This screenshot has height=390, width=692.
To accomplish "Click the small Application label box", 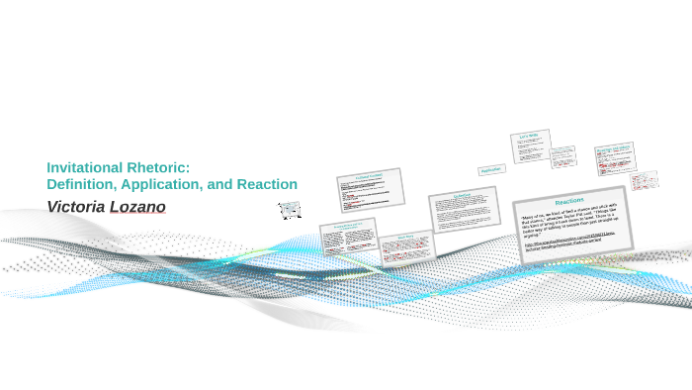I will tap(491, 170).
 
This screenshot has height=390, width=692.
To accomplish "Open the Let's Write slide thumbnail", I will tap(529, 145).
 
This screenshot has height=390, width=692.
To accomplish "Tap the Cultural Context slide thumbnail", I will tap(370, 188).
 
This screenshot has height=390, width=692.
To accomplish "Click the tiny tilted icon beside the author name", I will tap(290, 210).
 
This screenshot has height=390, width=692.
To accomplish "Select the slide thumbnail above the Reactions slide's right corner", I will tap(614, 154).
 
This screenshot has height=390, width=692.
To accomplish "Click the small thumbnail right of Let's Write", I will tap(562, 156).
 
